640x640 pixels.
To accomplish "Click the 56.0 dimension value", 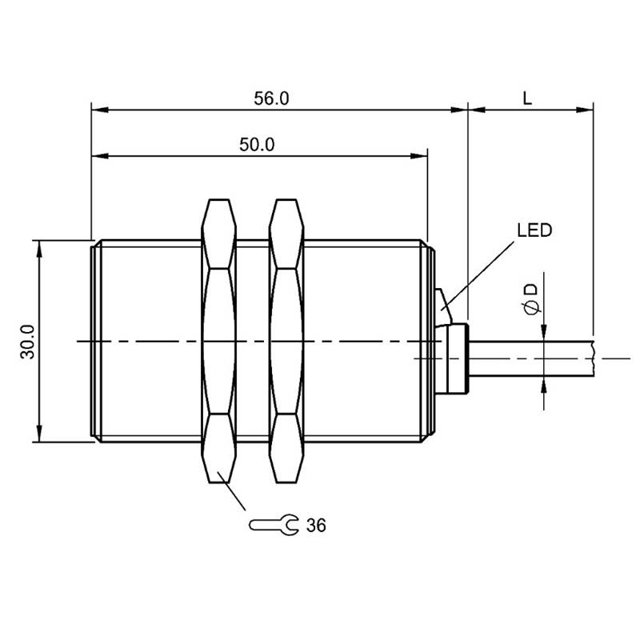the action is pyautogui.click(x=271, y=98).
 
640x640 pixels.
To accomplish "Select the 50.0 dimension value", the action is pyautogui.click(x=257, y=145).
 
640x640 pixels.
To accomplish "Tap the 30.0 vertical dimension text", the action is pyautogui.click(x=28, y=342).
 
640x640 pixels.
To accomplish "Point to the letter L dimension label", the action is pyautogui.click(x=527, y=98).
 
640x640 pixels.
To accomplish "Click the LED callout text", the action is pyautogui.click(x=534, y=230).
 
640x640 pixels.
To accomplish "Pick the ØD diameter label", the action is pyautogui.click(x=531, y=300).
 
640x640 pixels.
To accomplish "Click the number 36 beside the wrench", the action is pyautogui.click(x=316, y=526).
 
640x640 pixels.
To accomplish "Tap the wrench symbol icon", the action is pyautogui.click(x=274, y=525).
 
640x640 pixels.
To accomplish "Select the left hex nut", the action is pyautogui.click(x=218, y=342).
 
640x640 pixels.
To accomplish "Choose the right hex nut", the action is pyautogui.click(x=286, y=342).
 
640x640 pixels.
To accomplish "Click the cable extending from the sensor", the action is pyautogui.click(x=531, y=358).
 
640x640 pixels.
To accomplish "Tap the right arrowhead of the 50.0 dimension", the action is pyautogui.click(x=419, y=156).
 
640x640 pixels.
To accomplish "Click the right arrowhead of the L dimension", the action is pyautogui.click(x=585, y=110).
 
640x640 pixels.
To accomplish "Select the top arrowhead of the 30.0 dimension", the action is pyautogui.click(x=39, y=249).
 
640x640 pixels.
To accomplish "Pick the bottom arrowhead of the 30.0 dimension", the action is pyautogui.click(x=39, y=433).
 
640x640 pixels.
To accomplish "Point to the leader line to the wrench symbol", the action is pyautogui.click(x=232, y=491).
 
